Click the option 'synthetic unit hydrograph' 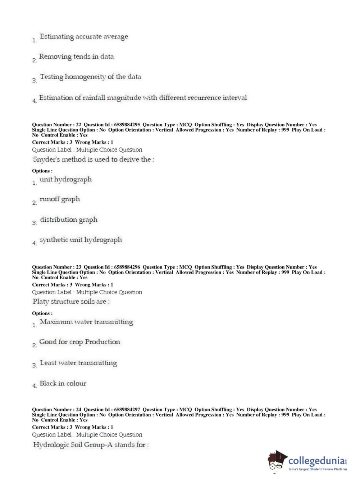(81, 240)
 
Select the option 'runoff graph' (60, 199)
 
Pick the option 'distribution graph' (69, 220)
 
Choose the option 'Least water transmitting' (78, 363)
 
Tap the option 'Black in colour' (63, 384)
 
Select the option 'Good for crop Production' (79, 342)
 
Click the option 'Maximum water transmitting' (86, 322)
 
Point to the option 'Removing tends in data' (76, 57)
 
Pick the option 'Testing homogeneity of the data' (90, 77)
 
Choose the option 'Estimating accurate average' (84, 37)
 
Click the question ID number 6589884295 (127, 125)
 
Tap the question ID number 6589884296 (127, 267)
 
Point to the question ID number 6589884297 (127, 410)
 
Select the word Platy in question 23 (41, 302)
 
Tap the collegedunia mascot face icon (277, 460)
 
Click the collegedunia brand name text (316, 461)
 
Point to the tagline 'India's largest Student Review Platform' (318, 469)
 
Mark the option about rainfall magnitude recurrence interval (143, 98)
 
